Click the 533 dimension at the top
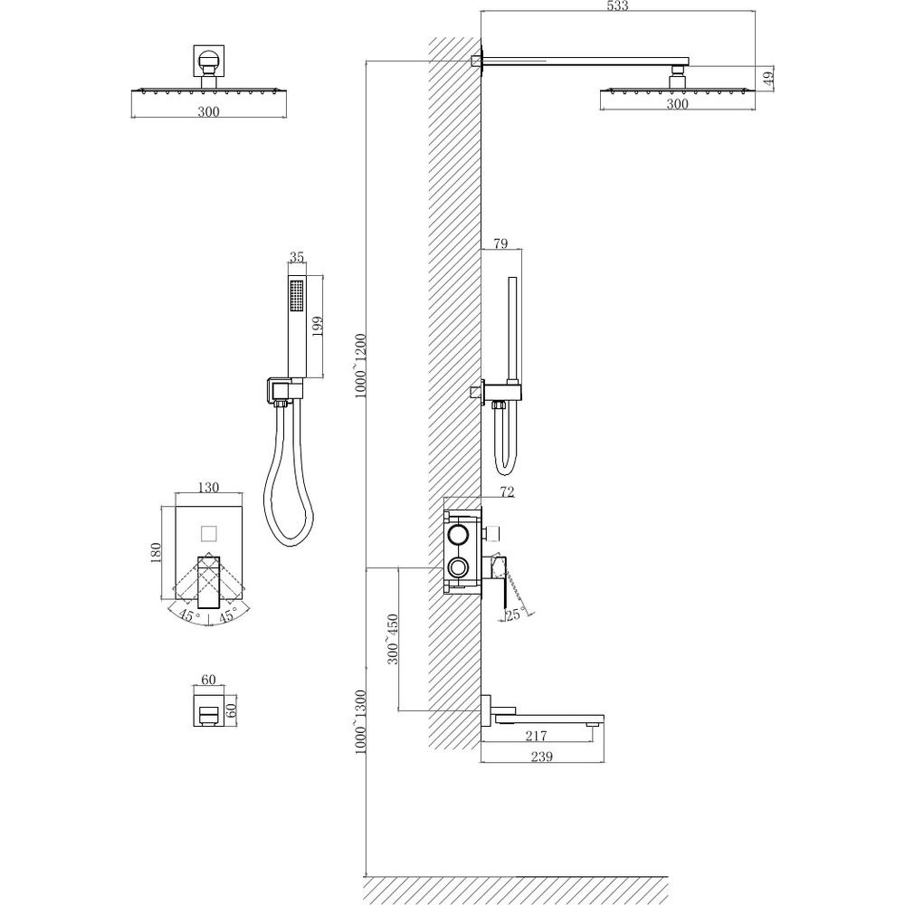tap(617, 5)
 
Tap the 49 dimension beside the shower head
tap(768, 78)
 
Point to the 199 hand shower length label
tap(317, 328)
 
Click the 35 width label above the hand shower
tap(297, 257)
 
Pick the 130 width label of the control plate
tap(208, 487)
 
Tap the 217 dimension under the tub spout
tap(536, 735)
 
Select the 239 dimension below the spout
tap(541, 756)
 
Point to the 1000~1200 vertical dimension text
tap(361, 366)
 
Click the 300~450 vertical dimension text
tap(393, 639)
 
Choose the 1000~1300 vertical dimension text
tap(361, 721)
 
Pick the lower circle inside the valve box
tap(460, 568)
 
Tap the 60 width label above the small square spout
tap(208, 680)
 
